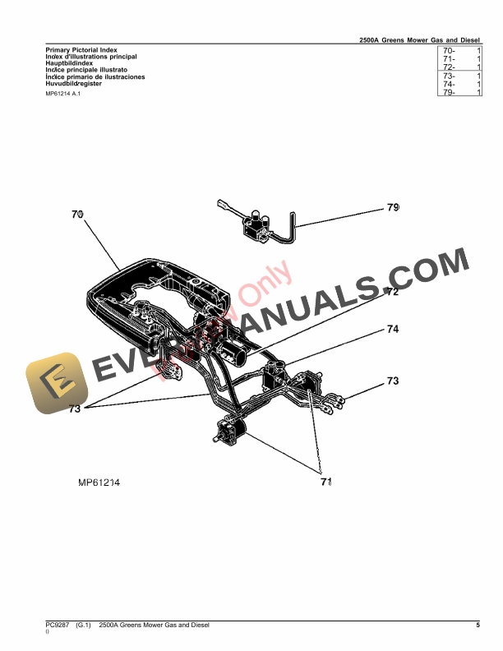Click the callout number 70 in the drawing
[x=77, y=214]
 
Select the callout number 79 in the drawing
[x=393, y=207]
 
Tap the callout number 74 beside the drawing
[x=393, y=330]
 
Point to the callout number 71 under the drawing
[x=325, y=482]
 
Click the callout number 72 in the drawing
[x=392, y=292]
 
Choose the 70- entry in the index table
[x=449, y=50]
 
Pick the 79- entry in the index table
[x=449, y=93]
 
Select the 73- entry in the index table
[x=449, y=76]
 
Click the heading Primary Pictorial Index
[x=81, y=50]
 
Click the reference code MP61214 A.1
[x=62, y=95]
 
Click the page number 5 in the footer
[x=477, y=626]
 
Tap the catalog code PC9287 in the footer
[x=58, y=626]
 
